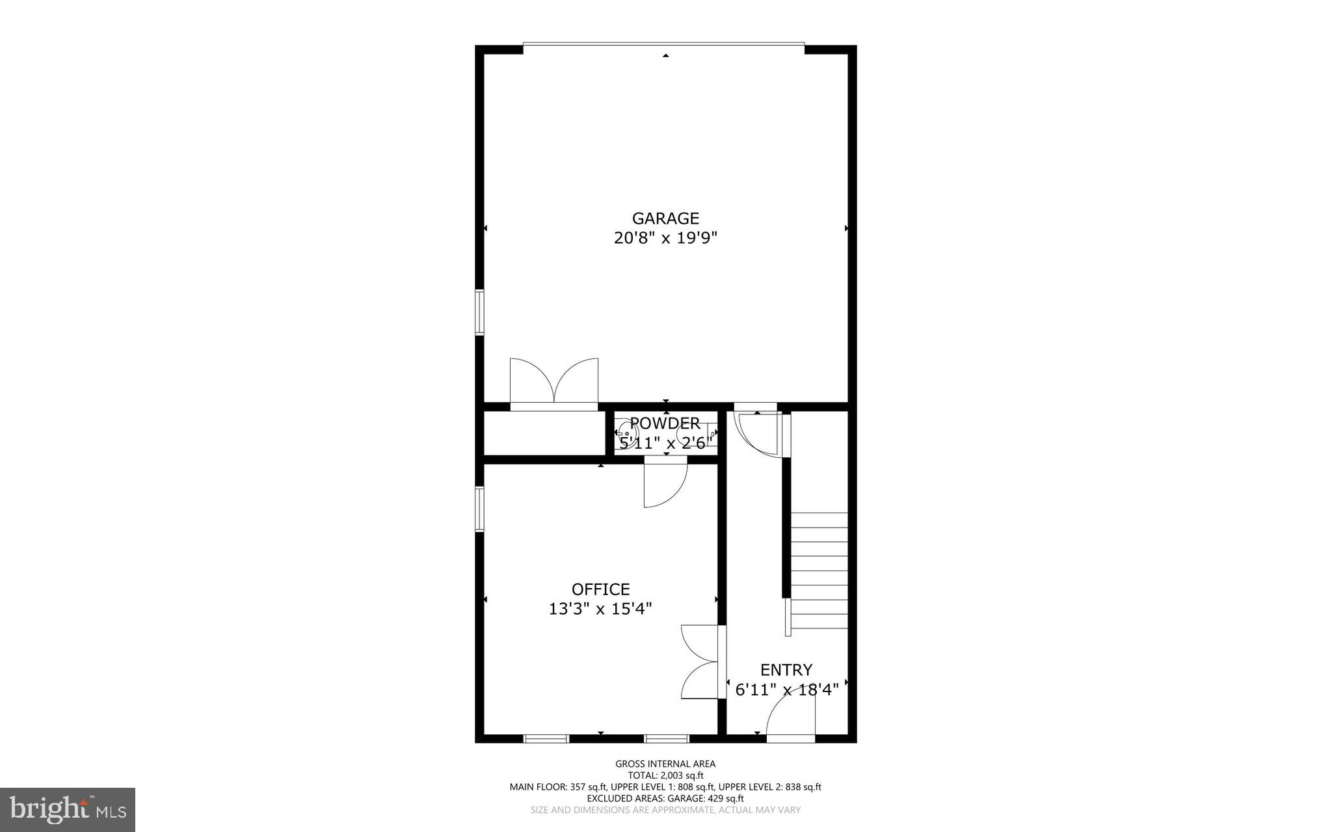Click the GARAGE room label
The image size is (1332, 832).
[x=665, y=219]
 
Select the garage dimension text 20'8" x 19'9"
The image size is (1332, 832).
[x=665, y=238]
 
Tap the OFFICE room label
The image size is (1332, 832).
[x=600, y=589]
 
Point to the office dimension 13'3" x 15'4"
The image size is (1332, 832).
[x=600, y=609]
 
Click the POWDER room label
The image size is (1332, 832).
[x=665, y=423]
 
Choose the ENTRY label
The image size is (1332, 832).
[x=786, y=670]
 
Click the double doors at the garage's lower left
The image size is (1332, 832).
[x=553, y=384]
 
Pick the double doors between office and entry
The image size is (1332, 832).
[x=702, y=662]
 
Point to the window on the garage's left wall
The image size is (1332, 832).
[x=479, y=312]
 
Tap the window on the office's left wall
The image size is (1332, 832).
[x=479, y=509]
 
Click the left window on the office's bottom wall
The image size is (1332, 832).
[x=546, y=738]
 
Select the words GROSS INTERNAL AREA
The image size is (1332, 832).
[x=665, y=764]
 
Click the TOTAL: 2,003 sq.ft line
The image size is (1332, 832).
[x=665, y=775]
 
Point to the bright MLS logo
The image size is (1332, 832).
[x=68, y=810]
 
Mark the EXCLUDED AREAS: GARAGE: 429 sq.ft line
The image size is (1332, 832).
[x=665, y=798]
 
